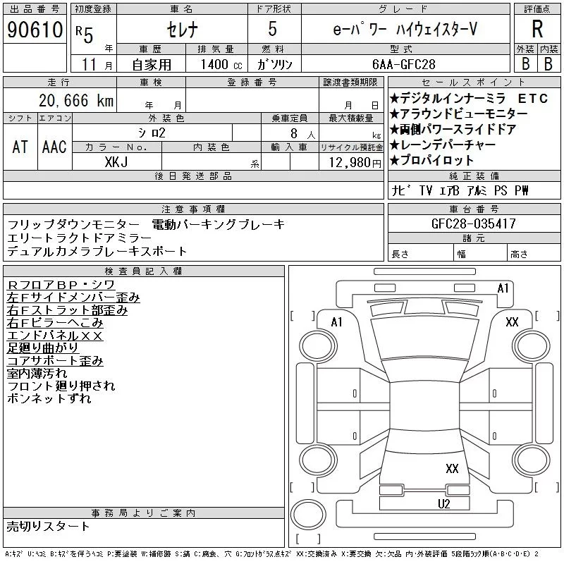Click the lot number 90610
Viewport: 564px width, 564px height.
pos(35,30)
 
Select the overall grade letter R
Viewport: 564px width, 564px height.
pos(537,29)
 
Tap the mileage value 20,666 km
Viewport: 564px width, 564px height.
pos(76,100)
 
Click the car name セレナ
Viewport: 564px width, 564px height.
pos(182,29)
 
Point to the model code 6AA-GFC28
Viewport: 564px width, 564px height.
pos(403,64)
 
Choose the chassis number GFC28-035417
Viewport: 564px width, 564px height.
pos(473,223)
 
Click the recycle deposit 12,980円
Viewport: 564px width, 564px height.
pos(355,163)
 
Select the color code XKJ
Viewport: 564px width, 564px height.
pos(116,162)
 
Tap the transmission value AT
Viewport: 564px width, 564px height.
pos(20,147)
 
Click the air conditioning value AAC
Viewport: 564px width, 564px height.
pos(54,147)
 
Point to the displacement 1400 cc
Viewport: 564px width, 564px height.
pos(221,64)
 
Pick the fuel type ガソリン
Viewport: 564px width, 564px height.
pos(274,64)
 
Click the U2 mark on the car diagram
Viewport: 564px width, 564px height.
pos(444,504)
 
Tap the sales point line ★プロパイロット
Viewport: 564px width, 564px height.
pos(431,160)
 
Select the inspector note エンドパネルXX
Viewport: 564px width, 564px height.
pos(55,336)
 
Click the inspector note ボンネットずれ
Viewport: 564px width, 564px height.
pos(49,398)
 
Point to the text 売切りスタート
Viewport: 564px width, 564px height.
pos(48,526)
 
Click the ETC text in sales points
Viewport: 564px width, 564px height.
pos(533,98)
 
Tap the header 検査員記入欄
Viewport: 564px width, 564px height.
pos(143,271)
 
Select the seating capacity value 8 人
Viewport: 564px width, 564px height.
pos(303,133)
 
